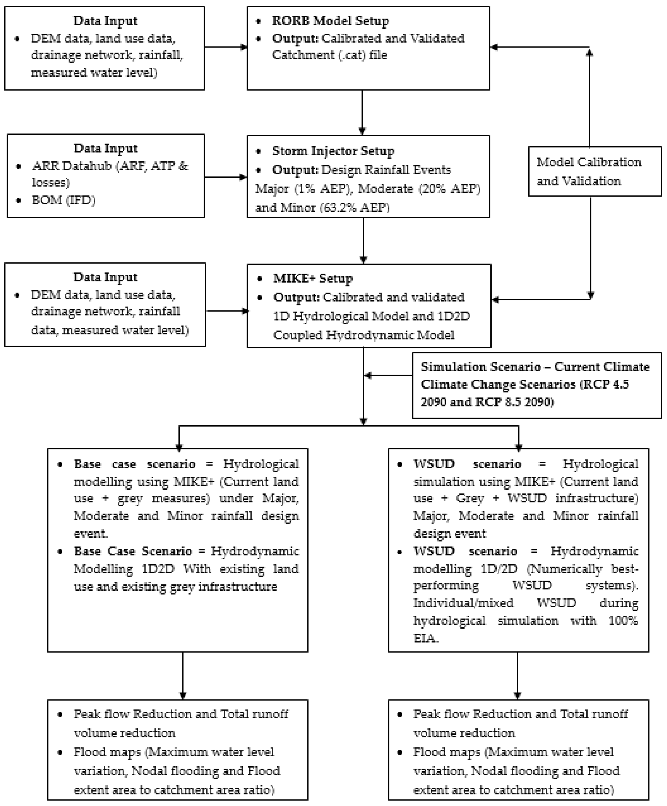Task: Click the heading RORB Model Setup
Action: [x=330, y=21]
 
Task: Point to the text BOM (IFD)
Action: [x=63, y=200]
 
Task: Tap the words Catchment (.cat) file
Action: [x=329, y=55]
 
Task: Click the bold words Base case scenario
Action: [x=134, y=464]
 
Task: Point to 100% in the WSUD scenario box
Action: [x=623, y=621]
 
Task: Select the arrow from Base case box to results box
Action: [x=183, y=676]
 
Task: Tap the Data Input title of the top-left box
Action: [x=105, y=21]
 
